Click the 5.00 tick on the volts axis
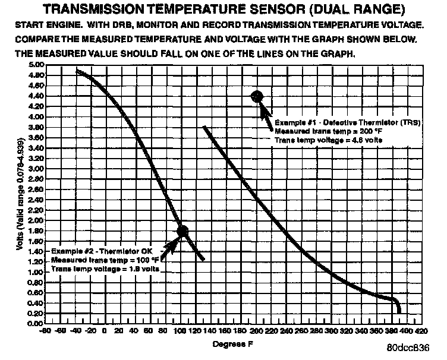36,64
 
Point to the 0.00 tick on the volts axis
36,324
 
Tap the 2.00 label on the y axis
36,220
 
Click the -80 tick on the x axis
44,330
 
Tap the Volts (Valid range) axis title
20,194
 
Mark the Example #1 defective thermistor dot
257,96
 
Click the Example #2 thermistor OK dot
182,231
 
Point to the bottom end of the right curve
399,311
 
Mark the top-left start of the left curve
78,71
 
